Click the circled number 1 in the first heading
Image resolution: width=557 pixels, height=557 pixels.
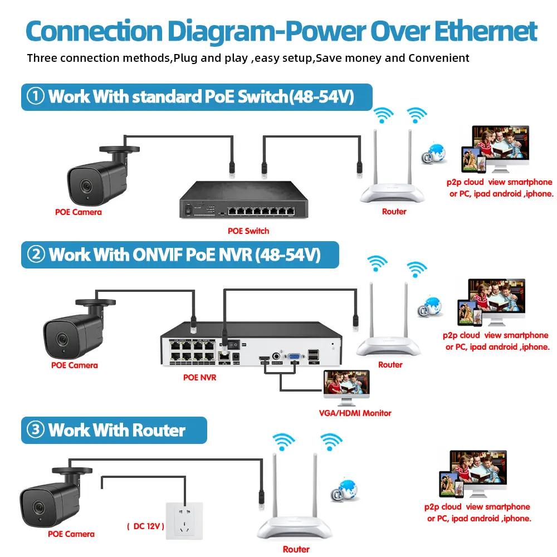36,97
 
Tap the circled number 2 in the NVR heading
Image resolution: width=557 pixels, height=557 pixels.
36,255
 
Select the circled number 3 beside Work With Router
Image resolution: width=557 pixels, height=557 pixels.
36,430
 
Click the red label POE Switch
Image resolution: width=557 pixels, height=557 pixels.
248,231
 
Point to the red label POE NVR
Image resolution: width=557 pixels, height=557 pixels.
199,377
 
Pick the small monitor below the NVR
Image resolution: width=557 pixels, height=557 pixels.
346,388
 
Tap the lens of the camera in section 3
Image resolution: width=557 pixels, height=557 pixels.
37,507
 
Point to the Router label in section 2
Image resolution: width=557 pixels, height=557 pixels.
390,365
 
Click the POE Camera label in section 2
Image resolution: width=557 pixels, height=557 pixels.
74,365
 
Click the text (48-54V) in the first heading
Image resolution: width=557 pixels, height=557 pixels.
322,97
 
